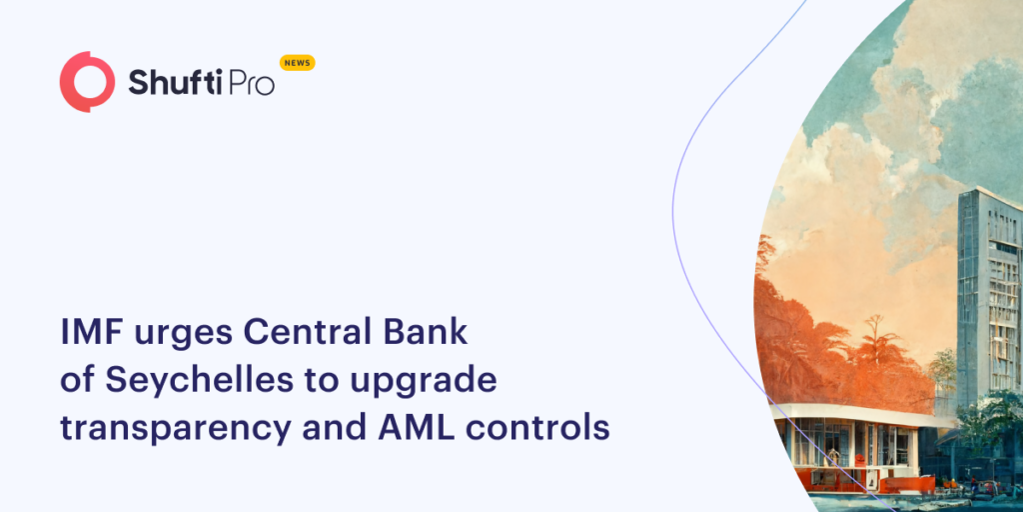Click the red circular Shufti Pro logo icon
[x=87, y=82]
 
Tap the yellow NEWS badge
[x=297, y=63]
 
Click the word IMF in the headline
[x=93, y=332]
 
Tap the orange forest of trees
[x=829, y=340]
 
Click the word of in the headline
[x=77, y=380]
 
